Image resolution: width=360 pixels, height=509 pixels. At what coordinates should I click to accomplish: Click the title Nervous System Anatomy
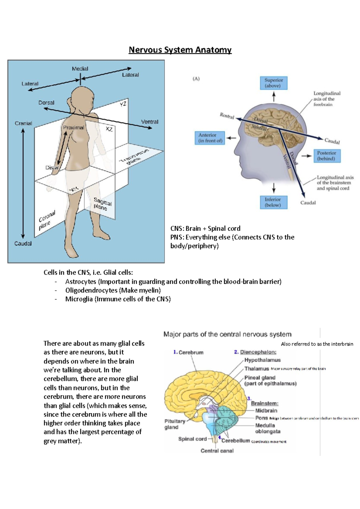click(x=180, y=50)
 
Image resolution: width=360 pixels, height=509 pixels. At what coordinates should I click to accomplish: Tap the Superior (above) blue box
click(x=273, y=83)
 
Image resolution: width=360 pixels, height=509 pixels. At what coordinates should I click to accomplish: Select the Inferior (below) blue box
click(x=273, y=202)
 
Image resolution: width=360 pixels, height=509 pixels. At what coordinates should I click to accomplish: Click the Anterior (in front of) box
click(x=210, y=138)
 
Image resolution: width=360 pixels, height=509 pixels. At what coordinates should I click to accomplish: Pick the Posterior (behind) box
click(x=327, y=156)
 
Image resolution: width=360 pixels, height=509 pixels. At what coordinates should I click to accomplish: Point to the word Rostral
click(x=227, y=116)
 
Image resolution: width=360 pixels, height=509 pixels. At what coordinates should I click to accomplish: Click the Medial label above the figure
click(x=80, y=69)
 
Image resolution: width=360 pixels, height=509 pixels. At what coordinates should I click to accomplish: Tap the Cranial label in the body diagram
click(x=23, y=123)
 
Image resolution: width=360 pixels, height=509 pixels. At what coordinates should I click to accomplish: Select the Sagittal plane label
click(x=102, y=204)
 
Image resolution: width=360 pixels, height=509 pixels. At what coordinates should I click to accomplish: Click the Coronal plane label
click(x=46, y=220)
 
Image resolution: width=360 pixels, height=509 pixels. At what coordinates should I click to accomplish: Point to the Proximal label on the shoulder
click(x=73, y=127)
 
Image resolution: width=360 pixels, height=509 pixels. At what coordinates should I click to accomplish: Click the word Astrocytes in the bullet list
click(x=81, y=281)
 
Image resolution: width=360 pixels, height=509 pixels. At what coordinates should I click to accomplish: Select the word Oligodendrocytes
click(x=91, y=290)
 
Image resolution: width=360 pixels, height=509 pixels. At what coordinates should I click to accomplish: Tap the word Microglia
click(x=79, y=299)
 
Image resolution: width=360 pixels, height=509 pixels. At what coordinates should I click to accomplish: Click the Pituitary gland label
click(x=175, y=424)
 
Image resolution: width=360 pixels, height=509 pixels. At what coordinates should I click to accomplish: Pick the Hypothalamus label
click(x=262, y=360)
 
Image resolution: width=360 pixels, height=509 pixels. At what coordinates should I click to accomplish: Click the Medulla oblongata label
click(x=268, y=428)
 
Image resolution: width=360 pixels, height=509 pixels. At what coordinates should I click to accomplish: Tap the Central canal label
click(x=217, y=451)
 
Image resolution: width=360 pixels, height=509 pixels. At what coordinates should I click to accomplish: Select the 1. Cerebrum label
click(x=188, y=352)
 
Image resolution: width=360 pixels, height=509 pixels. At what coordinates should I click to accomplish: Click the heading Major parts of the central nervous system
click(x=227, y=334)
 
